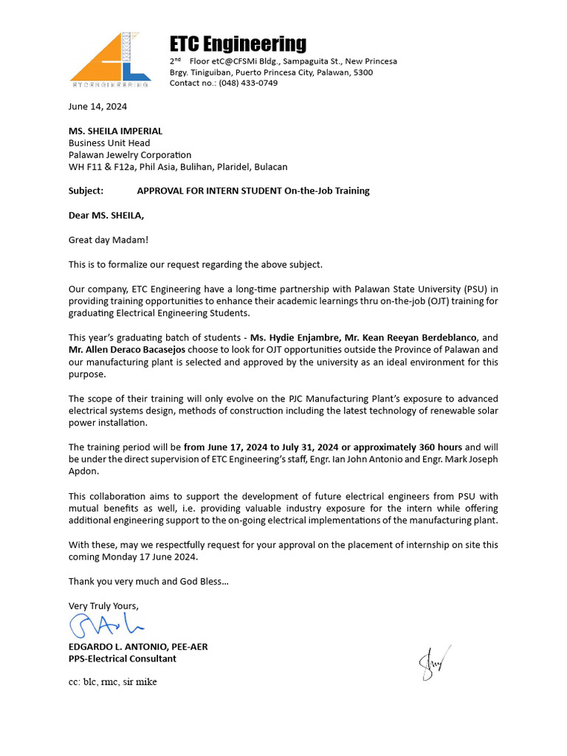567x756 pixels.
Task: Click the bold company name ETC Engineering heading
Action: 238,44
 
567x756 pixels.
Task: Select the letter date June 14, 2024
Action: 97,106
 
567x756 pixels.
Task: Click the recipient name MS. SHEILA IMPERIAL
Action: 115,131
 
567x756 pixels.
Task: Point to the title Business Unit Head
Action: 109,143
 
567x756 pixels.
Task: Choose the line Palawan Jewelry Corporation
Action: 130,155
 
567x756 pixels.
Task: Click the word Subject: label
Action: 86,191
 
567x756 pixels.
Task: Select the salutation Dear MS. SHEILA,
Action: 106,216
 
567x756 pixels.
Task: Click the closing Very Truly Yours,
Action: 103,606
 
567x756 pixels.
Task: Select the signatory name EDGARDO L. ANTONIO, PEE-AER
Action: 138,647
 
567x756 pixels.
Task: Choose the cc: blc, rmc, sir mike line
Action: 112,682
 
